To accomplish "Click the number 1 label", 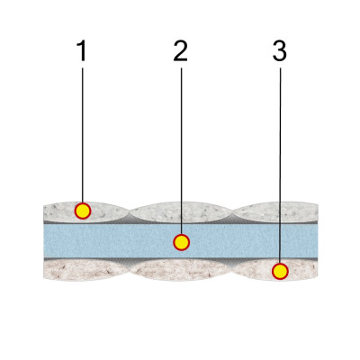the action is pos(82,51).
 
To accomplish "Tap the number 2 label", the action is pos(181,51).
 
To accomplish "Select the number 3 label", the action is pos(280,51).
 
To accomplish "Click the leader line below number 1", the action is pos(83,135).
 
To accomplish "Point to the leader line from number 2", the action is pos(181,151).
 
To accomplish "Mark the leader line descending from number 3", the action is pos(280,166).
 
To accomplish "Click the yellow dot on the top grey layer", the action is pos(83,211).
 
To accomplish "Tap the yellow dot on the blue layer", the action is pos(181,242).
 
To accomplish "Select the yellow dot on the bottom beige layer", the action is pos(280,272).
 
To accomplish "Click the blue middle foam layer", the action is pos(181,241).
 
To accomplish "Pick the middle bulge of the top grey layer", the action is pos(181,212).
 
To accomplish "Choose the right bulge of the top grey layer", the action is pos(275,212).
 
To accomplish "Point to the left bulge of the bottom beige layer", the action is pos(86,270).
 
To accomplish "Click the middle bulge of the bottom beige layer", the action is pos(181,270).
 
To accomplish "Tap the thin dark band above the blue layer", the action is pos(181,223).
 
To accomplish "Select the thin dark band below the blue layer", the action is pos(181,258).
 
